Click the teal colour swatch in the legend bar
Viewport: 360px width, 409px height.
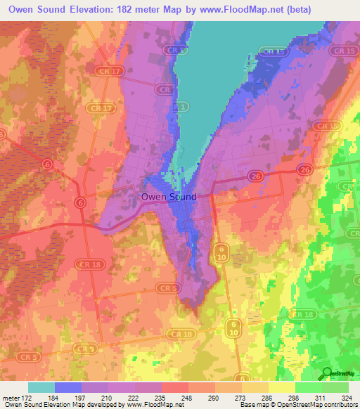[41, 388]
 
